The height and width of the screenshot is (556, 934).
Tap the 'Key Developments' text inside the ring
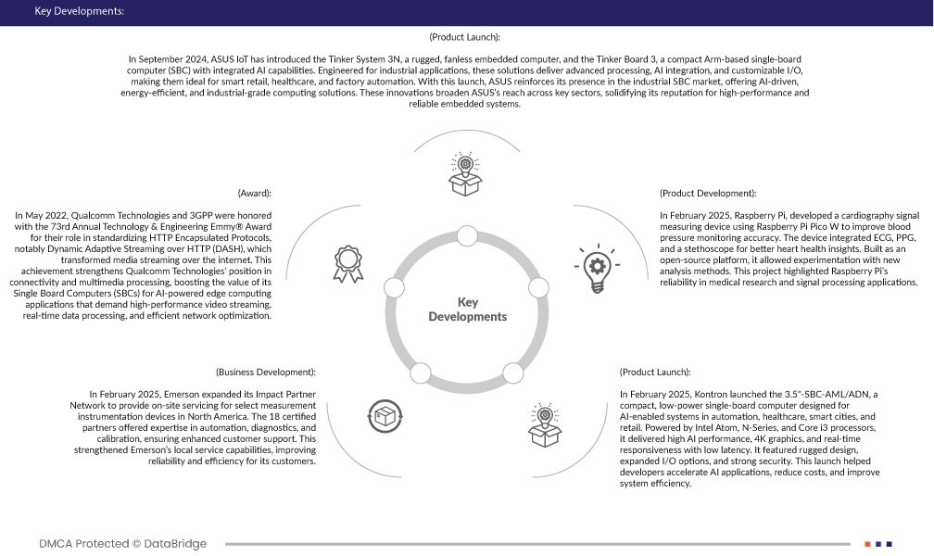[467, 310]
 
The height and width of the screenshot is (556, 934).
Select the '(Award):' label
[254, 194]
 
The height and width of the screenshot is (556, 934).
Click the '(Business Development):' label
[266, 372]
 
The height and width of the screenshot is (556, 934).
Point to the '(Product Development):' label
[708, 194]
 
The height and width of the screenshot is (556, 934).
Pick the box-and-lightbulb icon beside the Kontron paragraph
[544, 422]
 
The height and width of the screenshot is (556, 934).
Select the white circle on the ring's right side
[537, 287]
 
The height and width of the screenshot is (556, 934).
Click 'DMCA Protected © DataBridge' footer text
[123, 543]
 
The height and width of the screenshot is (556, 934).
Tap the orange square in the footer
[867, 544]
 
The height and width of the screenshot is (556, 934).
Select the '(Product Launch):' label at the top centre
[465, 37]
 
